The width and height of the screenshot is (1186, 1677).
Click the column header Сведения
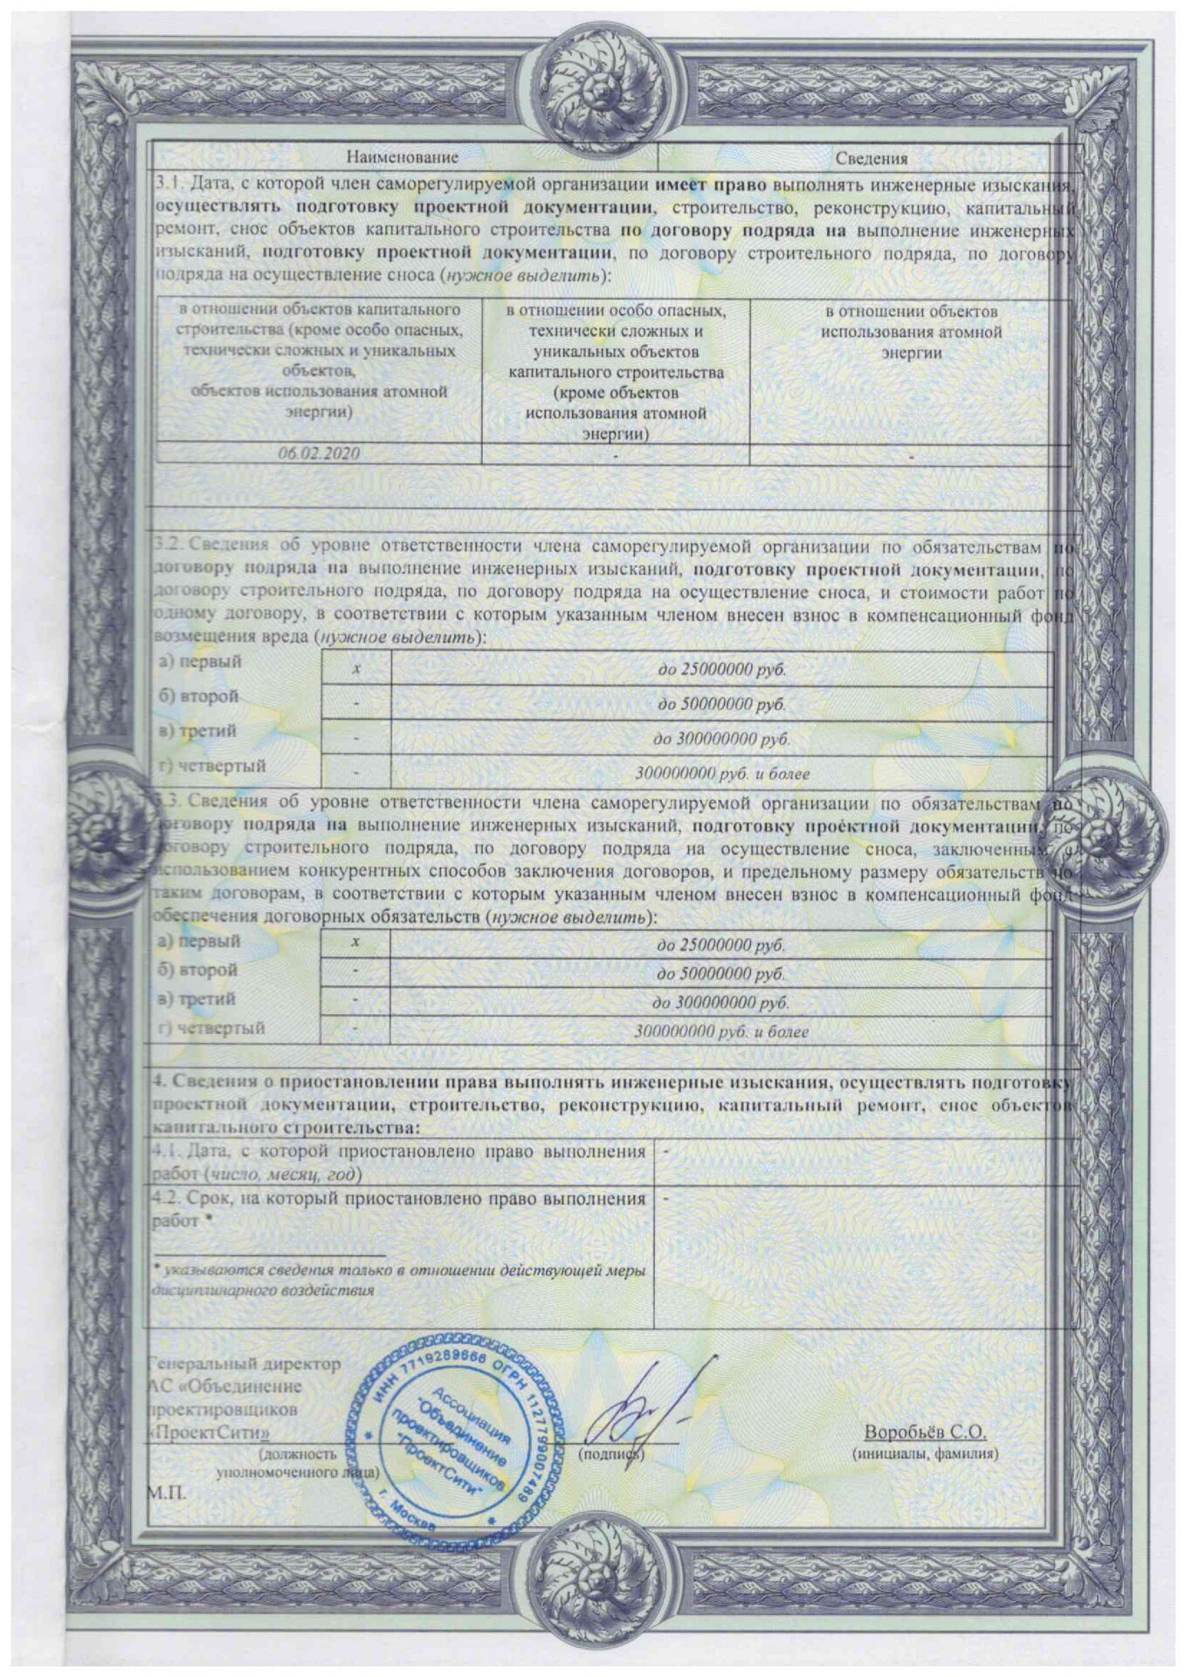click(x=871, y=158)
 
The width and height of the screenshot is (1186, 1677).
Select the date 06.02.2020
click(x=319, y=453)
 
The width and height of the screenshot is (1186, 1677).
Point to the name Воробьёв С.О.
click(x=925, y=1432)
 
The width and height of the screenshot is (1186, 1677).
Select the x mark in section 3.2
click(x=356, y=669)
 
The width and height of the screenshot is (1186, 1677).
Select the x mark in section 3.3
click(x=355, y=942)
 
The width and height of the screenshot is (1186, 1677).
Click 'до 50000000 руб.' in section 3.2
click(x=721, y=704)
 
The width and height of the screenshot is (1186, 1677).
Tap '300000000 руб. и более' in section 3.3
click(x=721, y=1032)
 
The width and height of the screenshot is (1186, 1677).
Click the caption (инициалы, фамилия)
click(x=925, y=1453)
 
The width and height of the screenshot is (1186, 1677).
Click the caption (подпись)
click(x=610, y=1454)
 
